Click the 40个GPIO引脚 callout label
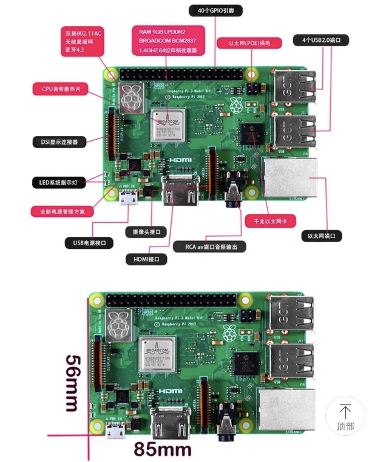tap(215, 11)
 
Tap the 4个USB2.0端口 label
tap(321, 40)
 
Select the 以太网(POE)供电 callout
tap(249, 43)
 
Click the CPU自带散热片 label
tap(61, 89)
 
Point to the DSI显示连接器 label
tap(59, 142)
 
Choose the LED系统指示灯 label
tap(58, 182)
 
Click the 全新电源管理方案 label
tap(62, 211)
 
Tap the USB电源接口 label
tap(89, 243)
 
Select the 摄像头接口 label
tap(146, 232)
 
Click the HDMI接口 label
tap(146, 259)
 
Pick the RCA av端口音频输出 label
tap(209, 247)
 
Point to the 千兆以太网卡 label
tap(270, 221)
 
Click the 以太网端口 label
tap(321, 236)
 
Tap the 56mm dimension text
tap(73, 383)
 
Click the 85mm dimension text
tap(162, 449)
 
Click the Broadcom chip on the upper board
tap(168, 125)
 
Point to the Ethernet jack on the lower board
tap(286, 409)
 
